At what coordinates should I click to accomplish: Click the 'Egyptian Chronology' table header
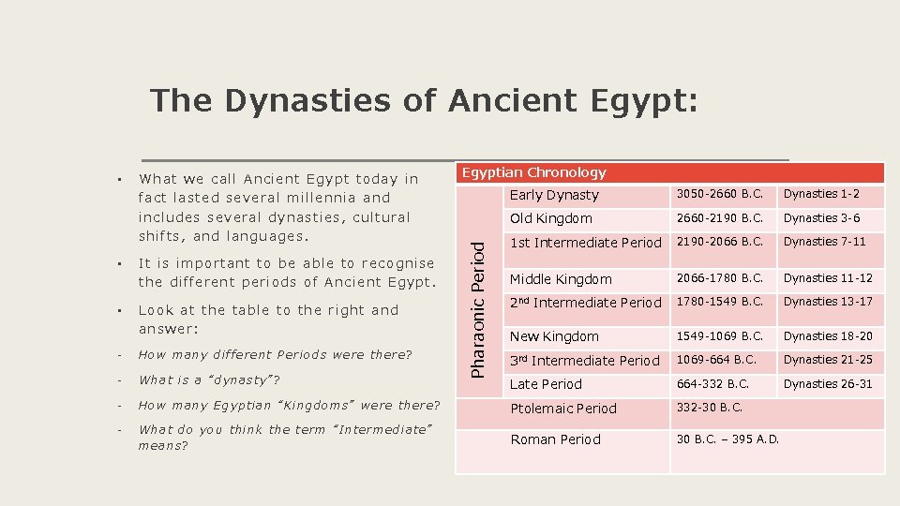tap(534, 172)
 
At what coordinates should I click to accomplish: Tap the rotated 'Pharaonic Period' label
tap(477, 307)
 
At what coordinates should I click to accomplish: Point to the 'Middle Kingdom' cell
tap(561, 279)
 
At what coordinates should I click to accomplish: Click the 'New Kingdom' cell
tap(554, 336)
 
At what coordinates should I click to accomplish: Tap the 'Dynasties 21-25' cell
tap(828, 360)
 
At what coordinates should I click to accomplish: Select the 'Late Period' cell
tap(546, 384)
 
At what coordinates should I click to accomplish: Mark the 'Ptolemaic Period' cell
tap(563, 409)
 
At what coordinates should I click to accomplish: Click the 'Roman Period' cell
tap(555, 439)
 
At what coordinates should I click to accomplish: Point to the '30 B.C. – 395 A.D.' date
tap(727, 439)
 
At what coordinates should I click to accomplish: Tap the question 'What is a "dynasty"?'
tap(209, 379)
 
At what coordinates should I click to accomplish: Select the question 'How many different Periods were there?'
tap(275, 355)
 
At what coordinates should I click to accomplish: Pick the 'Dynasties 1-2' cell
tap(821, 194)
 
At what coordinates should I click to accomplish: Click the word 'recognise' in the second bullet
tap(397, 263)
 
